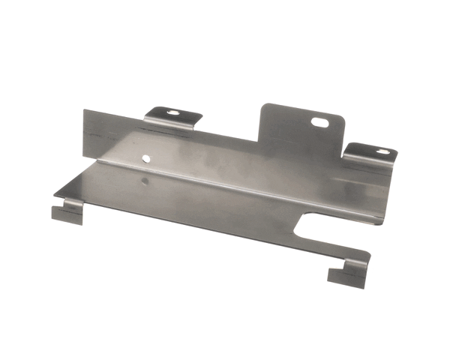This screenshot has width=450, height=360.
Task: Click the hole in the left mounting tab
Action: pyautogui.click(x=173, y=113)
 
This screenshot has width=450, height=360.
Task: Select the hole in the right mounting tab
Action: pyautogui.click(x=382, y=153)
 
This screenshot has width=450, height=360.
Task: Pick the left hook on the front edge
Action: pyautogui.click(x=66, y=212)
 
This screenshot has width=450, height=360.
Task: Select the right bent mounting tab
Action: pyautogui.click(x=370, y=154)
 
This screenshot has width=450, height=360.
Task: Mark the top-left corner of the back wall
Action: pyautogui.click(x=85, y=111)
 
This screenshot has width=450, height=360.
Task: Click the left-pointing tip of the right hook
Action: pyautogui.click(x=328, y=274)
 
